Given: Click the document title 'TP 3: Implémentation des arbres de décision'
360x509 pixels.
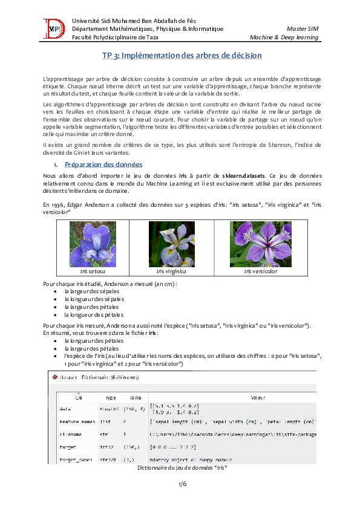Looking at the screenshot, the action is [x=180, y=56].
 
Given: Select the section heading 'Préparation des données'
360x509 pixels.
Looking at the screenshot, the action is [x=103, y=164].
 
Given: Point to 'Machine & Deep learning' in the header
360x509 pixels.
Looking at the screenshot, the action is [x=284, y=37].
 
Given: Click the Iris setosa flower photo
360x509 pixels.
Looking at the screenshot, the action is [x=93, y=244].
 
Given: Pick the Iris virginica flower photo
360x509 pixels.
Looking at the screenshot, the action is [x=172, y=244].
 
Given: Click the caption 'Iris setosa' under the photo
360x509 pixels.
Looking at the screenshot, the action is [x=93, y=271].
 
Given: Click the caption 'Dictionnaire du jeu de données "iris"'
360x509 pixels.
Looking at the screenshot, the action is [x=182, y=468].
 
